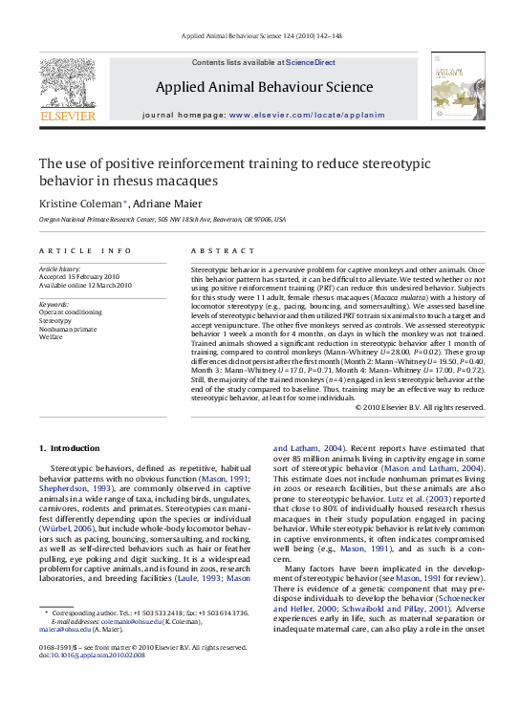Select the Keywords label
(x=54, y=304)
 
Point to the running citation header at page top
(x=260, y=37)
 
